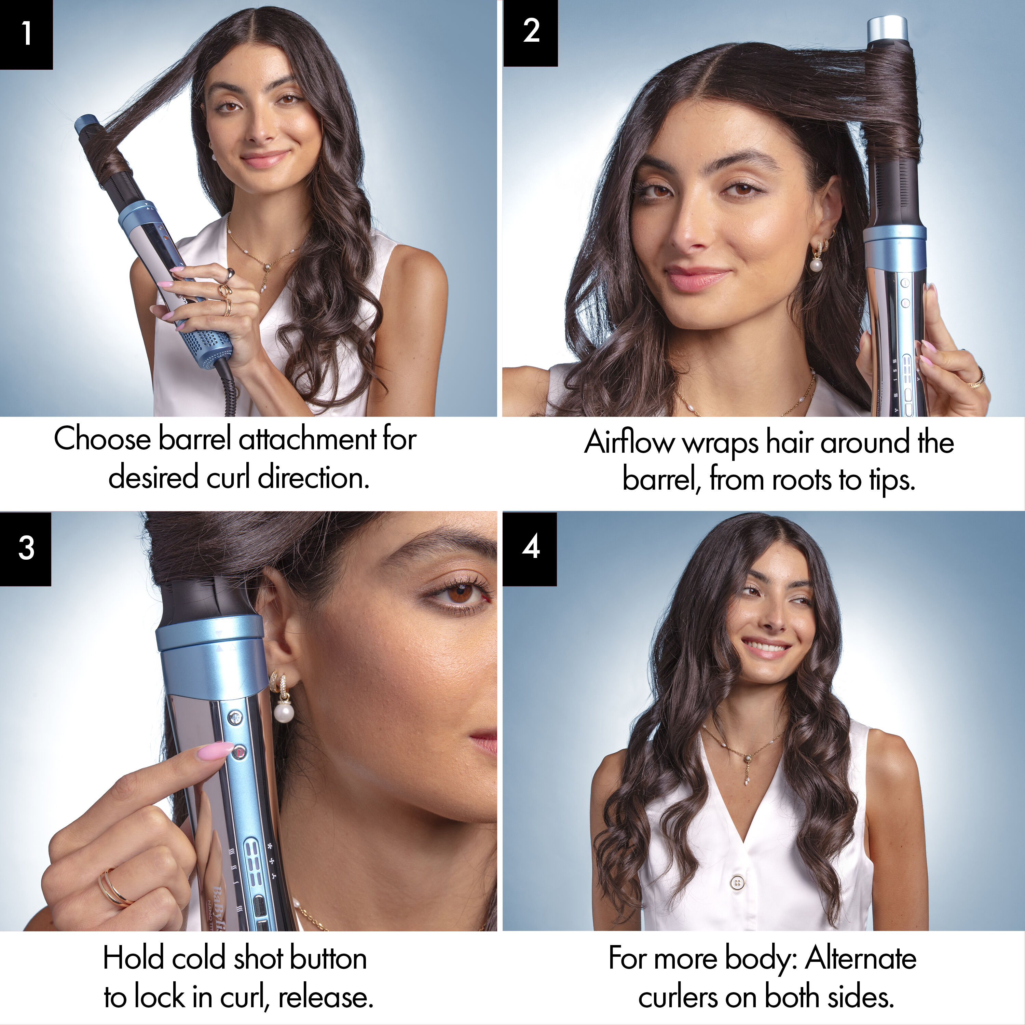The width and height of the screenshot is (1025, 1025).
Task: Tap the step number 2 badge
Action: (x=531, y=32)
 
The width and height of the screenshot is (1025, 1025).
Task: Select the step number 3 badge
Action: (x=26, y=548)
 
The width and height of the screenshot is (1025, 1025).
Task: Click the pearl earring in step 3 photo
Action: (x=284, y=711)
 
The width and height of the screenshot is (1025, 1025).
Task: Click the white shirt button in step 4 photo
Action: (x=736, y=882)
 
